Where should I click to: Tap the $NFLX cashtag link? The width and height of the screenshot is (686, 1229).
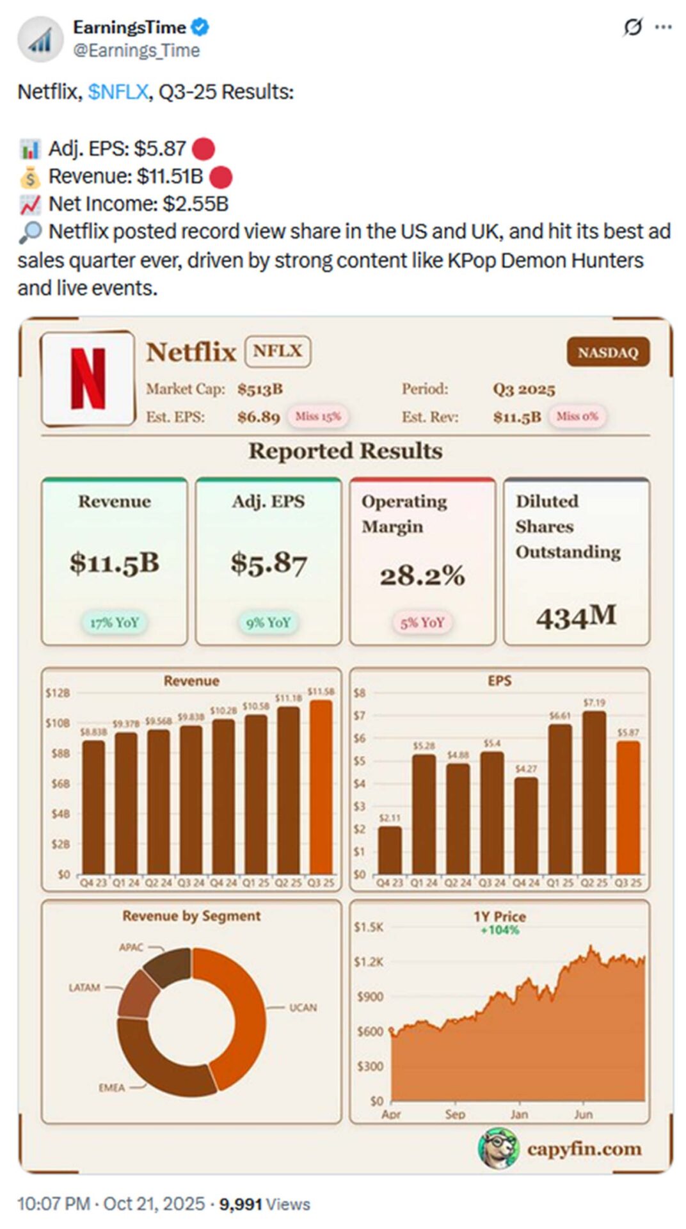[x=118, y=92]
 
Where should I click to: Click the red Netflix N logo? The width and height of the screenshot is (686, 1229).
[x=88, y=378]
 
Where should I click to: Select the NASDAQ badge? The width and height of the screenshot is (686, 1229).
[x=607, y=353]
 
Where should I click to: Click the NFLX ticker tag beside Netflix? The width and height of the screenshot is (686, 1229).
[x=278, y=351]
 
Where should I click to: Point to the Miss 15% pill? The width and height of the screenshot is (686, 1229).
[x=318, y=417]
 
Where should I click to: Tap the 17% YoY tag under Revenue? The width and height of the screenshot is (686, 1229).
[x=115, y=622]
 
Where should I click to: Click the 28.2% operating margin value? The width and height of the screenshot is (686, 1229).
[x=422, y=576]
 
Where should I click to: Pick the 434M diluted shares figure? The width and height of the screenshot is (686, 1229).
[x=576, y=617]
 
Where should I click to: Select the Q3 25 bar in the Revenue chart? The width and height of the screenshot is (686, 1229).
[x=321, y=787]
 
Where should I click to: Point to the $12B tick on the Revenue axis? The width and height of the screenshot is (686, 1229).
[x=58, y=693]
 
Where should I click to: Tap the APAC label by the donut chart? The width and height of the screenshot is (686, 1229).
[x=131, y=947]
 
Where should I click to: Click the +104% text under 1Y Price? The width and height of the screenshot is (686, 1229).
[x=500, y=930]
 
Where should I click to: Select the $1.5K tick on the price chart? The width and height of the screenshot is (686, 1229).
[x=369, y=927]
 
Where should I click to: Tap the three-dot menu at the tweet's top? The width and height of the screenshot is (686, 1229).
[x=664, y=27]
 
